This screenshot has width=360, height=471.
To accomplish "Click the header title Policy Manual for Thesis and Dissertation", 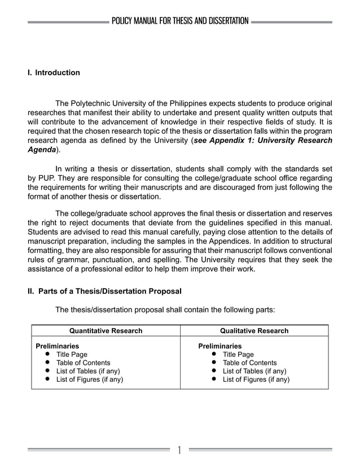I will [x=180, y=21].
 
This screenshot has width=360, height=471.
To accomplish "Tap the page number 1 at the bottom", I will [x=179, y=450].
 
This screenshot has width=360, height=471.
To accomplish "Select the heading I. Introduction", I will [x=54, y=73].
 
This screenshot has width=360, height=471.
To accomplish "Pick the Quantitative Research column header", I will [x=106, y=331].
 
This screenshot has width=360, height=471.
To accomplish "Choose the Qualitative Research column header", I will [x=254, y=331].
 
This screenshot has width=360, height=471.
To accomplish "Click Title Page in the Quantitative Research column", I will [x=72, y=355].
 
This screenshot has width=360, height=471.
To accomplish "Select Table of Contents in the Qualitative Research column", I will [x=249, y=363].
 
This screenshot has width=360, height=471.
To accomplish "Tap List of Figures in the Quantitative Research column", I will [x=89, y=380].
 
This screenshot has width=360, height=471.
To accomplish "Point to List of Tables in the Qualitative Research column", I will [x=254, y=371].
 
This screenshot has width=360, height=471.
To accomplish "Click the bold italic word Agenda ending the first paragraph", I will [x=42, y=150].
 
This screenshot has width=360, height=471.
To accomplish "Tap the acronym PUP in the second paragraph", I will [x=46, y=177].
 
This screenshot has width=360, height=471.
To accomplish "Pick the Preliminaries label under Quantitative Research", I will [x=58, y=346].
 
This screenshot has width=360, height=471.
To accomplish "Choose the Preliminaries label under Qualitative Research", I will [x=219, y=346].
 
